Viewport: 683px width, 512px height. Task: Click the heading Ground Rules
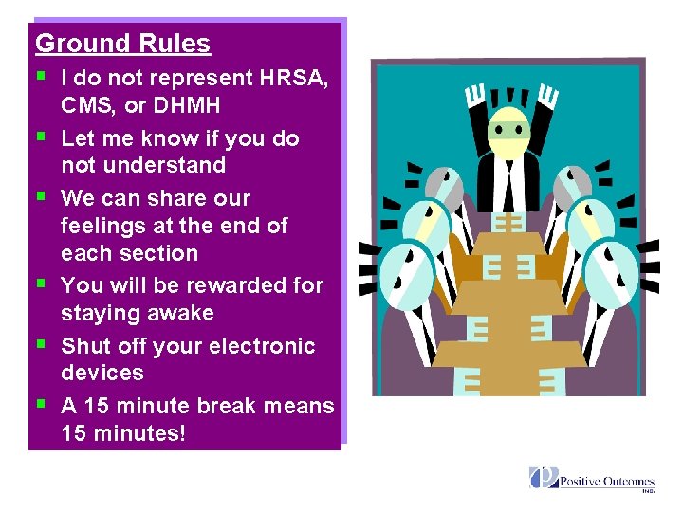tap(122, 44)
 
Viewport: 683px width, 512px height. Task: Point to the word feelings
tap(107, 227)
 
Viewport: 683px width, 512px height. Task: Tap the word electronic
tap(260, 347)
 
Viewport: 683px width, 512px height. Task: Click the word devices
tap(102, 374)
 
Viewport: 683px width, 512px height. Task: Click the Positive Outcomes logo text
tap(607, 482)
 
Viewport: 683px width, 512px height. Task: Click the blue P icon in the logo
tap(544, 477)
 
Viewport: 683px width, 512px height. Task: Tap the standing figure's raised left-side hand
tap(475, 95)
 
